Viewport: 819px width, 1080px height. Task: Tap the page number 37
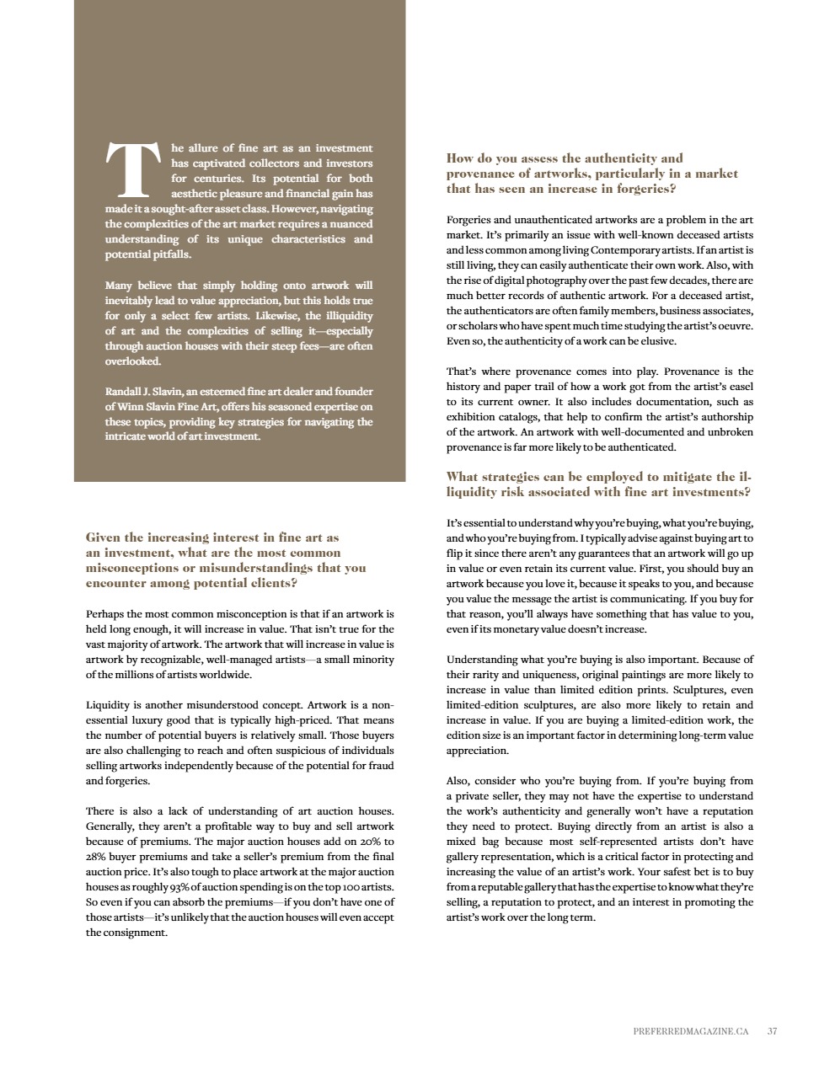point(773,1029)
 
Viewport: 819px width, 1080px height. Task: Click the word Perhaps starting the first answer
point(104,614)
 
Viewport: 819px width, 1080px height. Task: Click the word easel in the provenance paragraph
point(739,387)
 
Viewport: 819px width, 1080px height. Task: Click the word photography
point(561,281)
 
